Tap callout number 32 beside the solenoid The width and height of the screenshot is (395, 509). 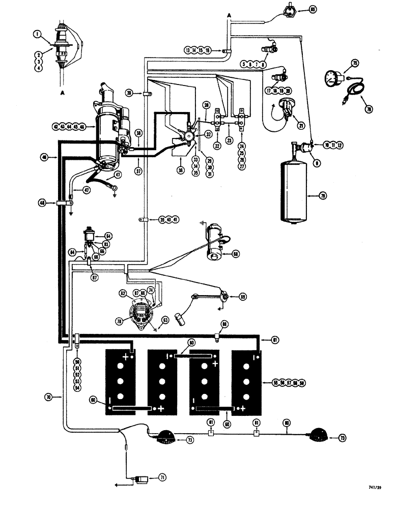pos(208,135)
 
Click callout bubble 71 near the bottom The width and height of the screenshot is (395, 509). pos(162,477)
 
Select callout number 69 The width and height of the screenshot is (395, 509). pos(242,296)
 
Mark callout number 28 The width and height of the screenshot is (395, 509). pos(207,105)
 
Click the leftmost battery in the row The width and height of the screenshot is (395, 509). pos(120,382)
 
